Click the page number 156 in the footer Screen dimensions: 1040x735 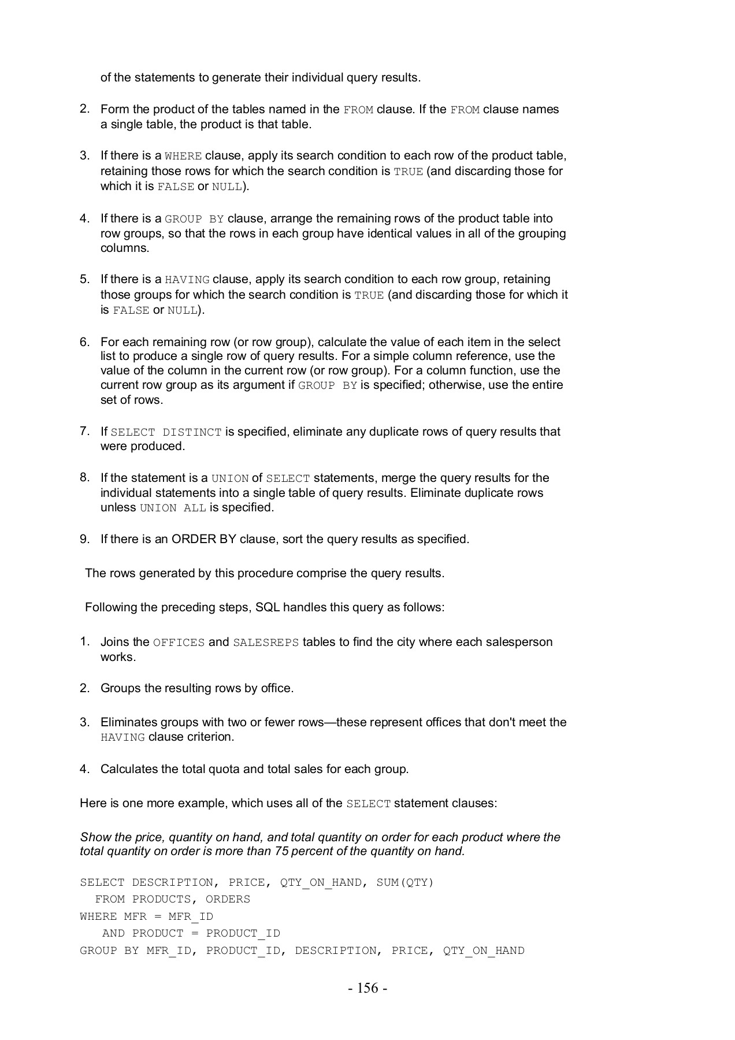click(x=367, y=989)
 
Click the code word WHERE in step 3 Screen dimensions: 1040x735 click(x=183, y=156)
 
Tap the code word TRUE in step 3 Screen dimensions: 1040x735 click(x=408, y=172)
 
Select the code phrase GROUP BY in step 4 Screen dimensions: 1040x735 click(x=194, y=219)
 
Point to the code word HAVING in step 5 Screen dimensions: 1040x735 click(x=187, y=280)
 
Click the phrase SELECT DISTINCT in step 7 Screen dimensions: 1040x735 click(x=166, y=432)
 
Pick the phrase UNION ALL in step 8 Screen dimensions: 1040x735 click(x=173, y=508)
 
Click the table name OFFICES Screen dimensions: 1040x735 click(x=179, y=642)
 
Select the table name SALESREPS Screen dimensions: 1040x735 click(x=266, y=642)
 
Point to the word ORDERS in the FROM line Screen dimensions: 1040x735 click(x=228, y=899)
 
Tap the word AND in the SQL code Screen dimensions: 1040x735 click(x=113, y=933)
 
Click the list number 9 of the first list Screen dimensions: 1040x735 click(x=84, y=539)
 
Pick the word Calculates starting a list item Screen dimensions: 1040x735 click(x=128, y=769)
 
